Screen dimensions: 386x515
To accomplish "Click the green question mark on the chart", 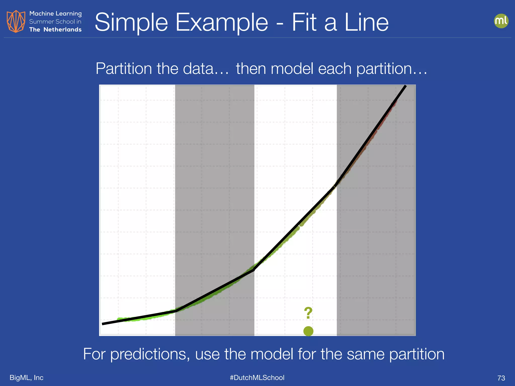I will click(x=308, y=313).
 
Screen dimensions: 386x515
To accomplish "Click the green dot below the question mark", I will click(x=308, y=331).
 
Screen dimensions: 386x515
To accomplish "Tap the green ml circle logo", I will click(x=501, y=21).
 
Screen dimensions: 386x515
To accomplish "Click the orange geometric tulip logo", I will click(x=16, y=21).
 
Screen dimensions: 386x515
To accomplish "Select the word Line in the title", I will click(x=366, y=23).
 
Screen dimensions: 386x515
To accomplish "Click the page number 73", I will click(x=501, y=378).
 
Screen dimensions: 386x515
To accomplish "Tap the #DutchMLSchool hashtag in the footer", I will click(x=257, y=377).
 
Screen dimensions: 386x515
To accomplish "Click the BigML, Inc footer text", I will click(x=26, y=377).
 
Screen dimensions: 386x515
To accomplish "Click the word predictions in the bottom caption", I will click(x=150, y=354).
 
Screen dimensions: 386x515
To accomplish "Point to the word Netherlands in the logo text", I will click(x=62, y=30).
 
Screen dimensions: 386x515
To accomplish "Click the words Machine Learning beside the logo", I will click(x=55, y=14).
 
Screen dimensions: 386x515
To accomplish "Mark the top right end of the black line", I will click(x=405, y=86).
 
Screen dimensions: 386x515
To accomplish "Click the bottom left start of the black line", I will click(x=103, y=324).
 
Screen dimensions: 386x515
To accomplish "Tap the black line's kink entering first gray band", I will click(x=176, y=311).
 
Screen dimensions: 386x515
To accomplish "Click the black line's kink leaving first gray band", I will click(x=254, y=270).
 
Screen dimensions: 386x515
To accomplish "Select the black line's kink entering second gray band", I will click(x=335, y=185).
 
